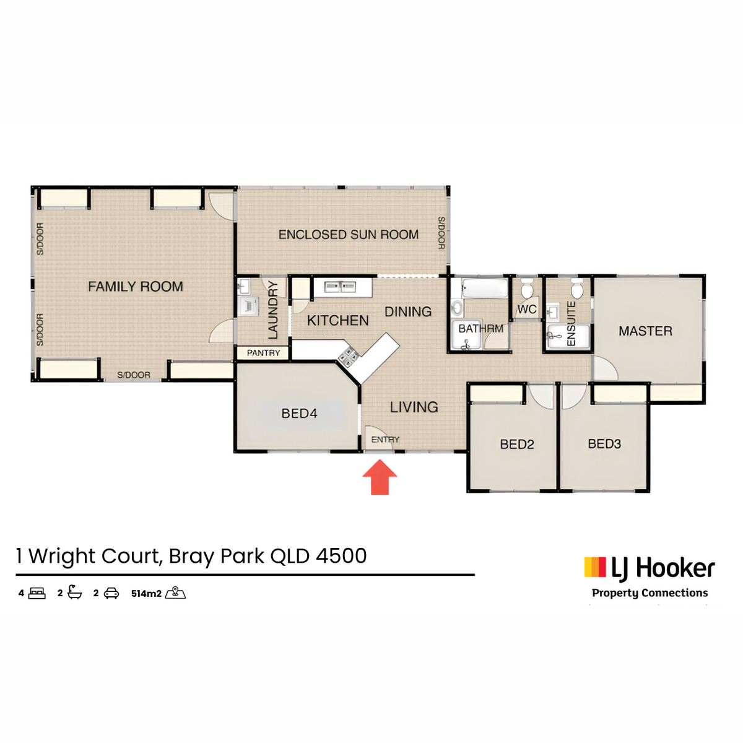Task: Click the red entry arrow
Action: pyautogui.click(x=380, y=477)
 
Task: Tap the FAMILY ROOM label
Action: pyautogui.click(x=136, y=287)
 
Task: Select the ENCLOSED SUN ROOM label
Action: pyautogui.click(x=348, y=235)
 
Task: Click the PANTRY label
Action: pyautogui.click(x=263, y=353)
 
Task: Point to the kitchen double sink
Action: pyautogui.click(x=340, y=287)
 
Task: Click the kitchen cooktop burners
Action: pyautogui.click(x=349, y=355)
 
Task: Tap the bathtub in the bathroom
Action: pyautogui.click(x=485, y=289)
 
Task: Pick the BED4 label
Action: pyautogui.click(x=299, y=414)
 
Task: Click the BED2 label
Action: pyautogui.click(x=516, y=445)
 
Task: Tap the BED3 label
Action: pyautogui.click(x=604, y=444)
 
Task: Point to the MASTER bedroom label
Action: pyautogui.click(x=645, y=331)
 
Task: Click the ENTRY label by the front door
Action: pyautogui.click(x=385, y=439)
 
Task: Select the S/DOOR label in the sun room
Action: pyautogui.click(x=441, y=233)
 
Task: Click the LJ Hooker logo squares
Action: pyautogui.click(x=595, y=567)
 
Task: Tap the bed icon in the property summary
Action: pyautogui.click(x=37, y=593)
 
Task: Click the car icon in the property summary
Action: pyautogui.click(x=111, y=593)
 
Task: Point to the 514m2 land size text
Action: pyautogui.click(x=146, y=593)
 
